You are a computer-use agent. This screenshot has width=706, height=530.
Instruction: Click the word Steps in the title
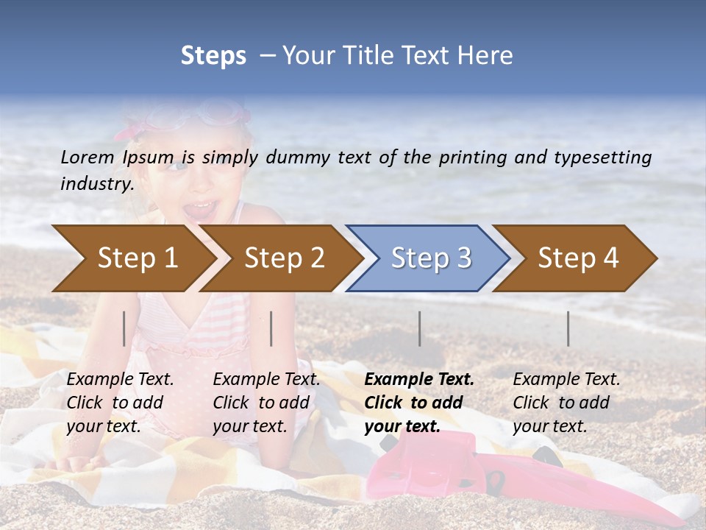pyautogui.click(x=213, y=56)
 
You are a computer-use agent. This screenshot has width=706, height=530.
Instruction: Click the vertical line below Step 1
pyautogui.click(x=124, y=328)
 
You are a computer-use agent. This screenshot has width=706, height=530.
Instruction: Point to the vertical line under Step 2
pyautogui.click(x=271, y=328)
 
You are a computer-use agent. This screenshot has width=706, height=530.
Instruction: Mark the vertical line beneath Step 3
pyautogui.click(x=420, y=328)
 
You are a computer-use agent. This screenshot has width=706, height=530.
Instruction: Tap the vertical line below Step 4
pyautogui.click(x=568, y=328)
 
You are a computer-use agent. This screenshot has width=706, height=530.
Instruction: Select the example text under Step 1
pyautogui.click(x=120, y=403)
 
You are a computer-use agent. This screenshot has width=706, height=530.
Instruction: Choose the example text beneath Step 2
pyautogui.click(x=266, y=403)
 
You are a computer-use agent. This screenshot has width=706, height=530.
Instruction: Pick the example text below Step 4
pyautogui.click(x=566, y=403)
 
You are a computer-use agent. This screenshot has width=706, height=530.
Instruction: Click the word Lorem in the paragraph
pyautogui.click(x=88, y=157)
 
